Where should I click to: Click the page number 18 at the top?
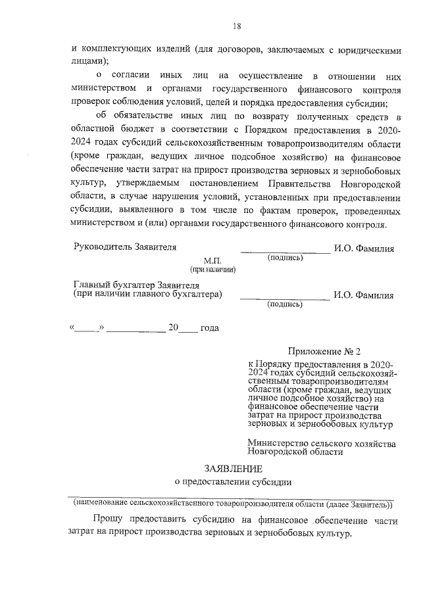[x=237, y=26]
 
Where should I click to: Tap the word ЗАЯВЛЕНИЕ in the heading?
[x=233, y=469]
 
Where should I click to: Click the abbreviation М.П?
[x=213, y=261]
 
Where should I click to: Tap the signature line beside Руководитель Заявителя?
[x=284, y=250]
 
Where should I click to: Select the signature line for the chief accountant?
[x=284, y=298]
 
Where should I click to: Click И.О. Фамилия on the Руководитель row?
[x=364, y=249]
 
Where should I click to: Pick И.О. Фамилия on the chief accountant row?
[x=364, y=295]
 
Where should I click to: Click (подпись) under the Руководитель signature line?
[x=285, y=258]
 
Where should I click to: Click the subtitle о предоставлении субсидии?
[x=233, y=481]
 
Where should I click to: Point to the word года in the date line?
[x=209, y=328]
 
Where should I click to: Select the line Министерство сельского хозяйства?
[x=322, y=444]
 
